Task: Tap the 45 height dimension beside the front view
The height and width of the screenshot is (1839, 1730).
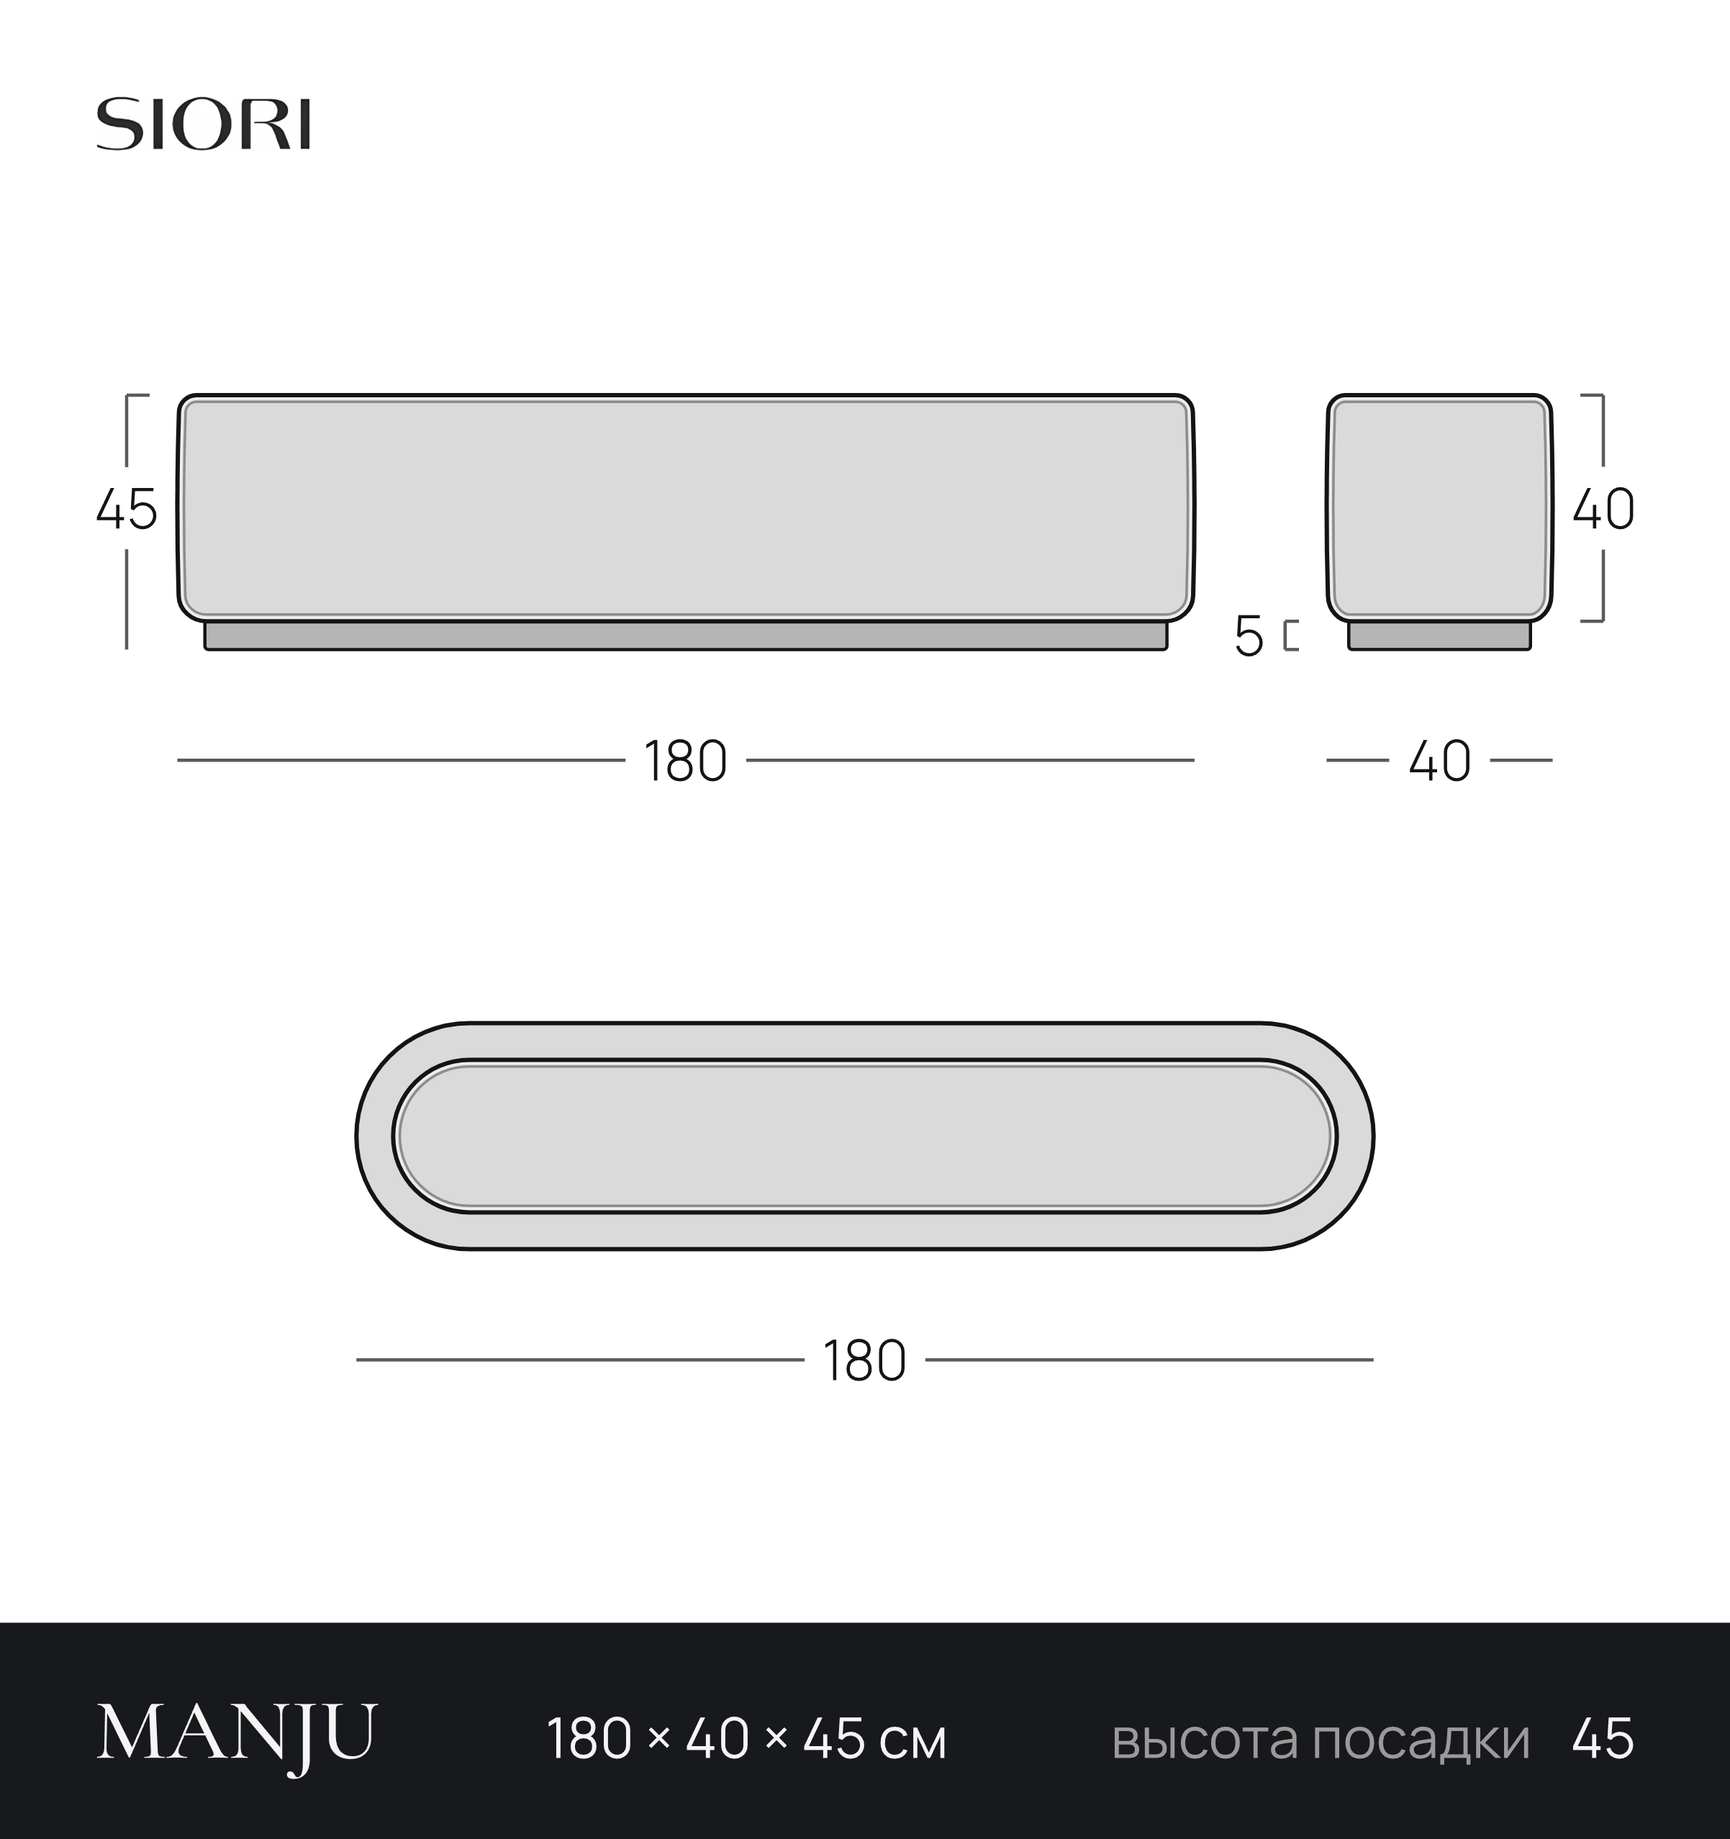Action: pyautogui.click(x=127, y=509)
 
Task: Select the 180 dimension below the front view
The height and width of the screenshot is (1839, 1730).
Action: pyautogui.click(x=685, y=762)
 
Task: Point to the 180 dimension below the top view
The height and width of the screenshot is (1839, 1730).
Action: pyautogui.click(x=864, y=1361)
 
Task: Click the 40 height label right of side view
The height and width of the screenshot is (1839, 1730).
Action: pyautogui.click(x=1603, y=509)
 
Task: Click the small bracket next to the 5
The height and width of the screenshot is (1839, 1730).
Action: pyautogui.click(x=1291, y=636)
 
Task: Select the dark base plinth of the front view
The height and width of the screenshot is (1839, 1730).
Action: pyautogui.click(x=685, y=636)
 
